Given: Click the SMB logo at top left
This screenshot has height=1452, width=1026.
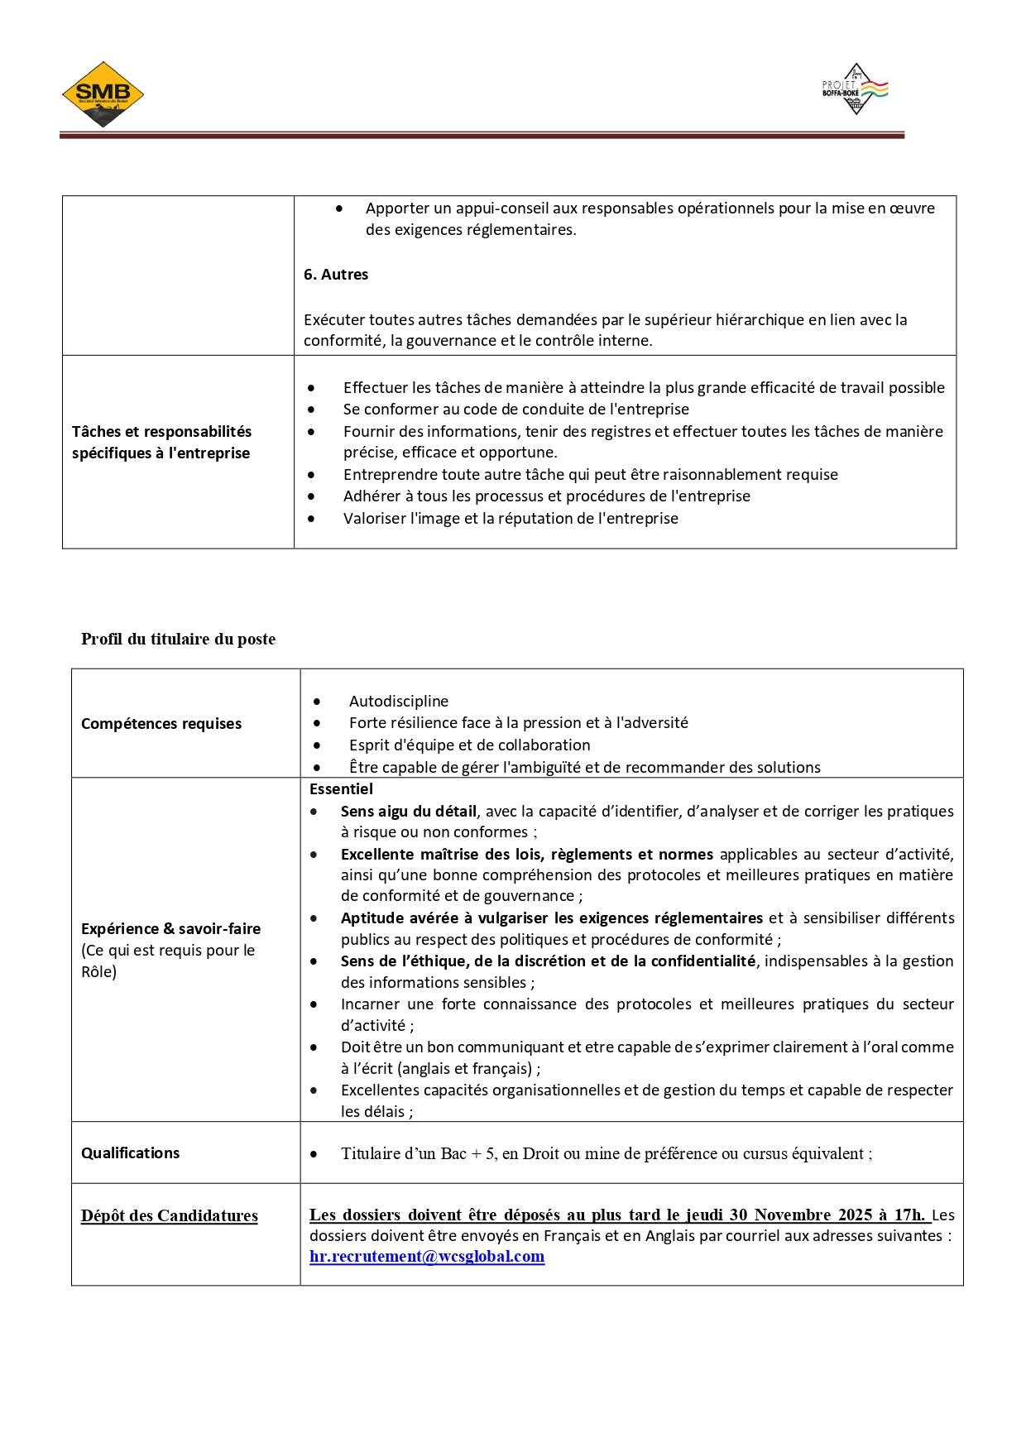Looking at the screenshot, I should [x=103, y=94].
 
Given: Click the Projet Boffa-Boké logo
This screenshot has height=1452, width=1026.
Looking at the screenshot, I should [x=856, y=89].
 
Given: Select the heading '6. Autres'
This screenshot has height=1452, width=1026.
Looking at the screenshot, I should [x=336, y=275].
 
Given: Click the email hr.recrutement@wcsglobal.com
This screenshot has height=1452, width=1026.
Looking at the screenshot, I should [x=427, y=1257].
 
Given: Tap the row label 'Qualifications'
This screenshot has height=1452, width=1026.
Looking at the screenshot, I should [x=130, y=1153].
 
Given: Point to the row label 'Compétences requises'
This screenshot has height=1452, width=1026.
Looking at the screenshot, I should [x=161, y=724].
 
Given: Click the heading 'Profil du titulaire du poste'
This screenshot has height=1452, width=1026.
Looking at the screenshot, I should [x=178, y=640].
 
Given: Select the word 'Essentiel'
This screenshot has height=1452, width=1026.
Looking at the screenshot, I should [x=341, y=789].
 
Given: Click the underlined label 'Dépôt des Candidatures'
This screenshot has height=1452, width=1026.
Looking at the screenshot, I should [x=170, y=1216].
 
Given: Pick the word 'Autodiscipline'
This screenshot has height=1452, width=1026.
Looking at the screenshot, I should [x=399, y=702].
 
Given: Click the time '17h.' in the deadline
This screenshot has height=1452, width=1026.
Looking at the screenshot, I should [x=909, y=1215].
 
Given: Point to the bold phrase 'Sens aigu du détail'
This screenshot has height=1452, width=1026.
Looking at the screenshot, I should [x=409, y=812].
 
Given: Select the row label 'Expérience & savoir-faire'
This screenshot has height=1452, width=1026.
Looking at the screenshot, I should [x=170, y=929].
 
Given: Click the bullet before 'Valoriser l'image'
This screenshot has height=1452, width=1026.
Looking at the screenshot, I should [x=311, y=520].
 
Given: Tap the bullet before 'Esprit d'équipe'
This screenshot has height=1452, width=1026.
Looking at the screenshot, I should [x=317, y=745].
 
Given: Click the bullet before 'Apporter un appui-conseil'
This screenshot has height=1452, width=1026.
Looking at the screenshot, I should [x=339, y=209].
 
